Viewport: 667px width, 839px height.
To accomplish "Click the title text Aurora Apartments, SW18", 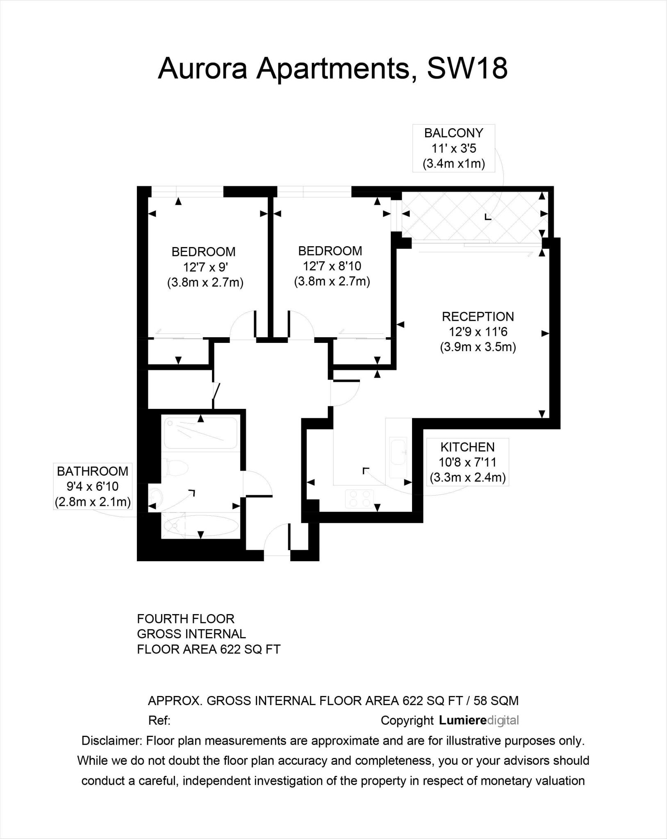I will point(333,68).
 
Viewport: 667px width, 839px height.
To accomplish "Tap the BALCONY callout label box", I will point(453,148).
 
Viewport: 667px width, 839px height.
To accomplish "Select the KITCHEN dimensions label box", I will point(467,462).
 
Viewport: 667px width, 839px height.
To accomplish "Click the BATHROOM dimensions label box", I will point(93,486).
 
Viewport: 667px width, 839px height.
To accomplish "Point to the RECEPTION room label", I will point(478,332).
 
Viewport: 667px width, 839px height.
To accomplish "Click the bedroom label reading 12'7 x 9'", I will point(205,267).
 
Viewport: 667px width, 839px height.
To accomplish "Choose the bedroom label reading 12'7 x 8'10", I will point(332,266).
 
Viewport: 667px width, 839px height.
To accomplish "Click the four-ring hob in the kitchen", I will point(360,499).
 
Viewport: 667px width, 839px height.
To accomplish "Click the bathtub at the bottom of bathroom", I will point(200,525).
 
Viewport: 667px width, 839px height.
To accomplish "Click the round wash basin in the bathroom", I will point(156,497).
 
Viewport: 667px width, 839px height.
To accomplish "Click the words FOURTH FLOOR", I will point(185,619).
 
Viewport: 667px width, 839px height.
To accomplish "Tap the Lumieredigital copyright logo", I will point(478,720).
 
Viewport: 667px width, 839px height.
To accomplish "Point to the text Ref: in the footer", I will point(159,721).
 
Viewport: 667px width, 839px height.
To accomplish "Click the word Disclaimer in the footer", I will point(112,741).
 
